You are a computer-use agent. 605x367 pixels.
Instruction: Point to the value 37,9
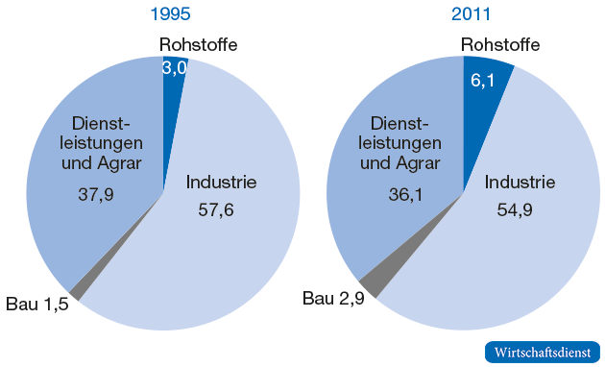pos(96,193)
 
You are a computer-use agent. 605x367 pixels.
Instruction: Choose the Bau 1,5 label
pos(37,306)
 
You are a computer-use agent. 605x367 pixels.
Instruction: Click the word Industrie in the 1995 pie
pos(221,182)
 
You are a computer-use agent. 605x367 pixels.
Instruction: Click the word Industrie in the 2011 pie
pos(520,183)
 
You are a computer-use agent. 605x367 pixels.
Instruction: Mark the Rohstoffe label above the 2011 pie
pos(499,44)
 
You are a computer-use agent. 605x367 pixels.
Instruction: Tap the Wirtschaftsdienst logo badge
pos(542,352)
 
